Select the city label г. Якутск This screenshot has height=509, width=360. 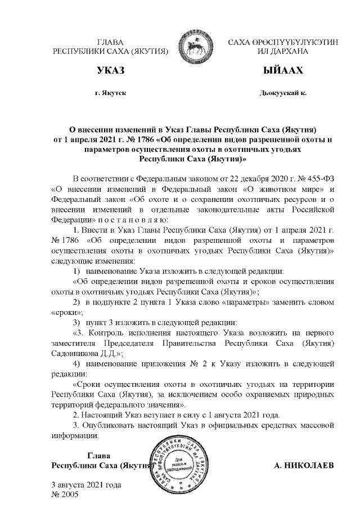[x=111, y=92]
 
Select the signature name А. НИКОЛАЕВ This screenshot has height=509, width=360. [x=303, y=466]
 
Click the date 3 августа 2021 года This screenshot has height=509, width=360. [x=86, y=485]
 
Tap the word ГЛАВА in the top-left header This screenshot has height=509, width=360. [x=110, y=42]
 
